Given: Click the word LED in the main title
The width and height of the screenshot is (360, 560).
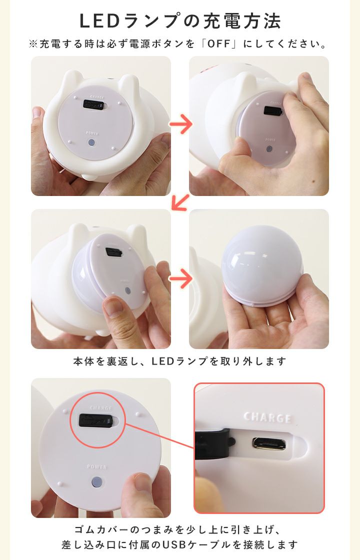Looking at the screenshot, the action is click(99, 21).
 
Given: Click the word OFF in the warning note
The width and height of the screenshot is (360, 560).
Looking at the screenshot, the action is click(219, 44).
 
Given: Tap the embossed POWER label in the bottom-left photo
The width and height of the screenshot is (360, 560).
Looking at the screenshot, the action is click(97, 467).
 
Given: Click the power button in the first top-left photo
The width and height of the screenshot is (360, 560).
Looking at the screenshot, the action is click(92, 143).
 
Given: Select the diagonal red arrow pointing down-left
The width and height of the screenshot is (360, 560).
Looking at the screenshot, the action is click(180, 202).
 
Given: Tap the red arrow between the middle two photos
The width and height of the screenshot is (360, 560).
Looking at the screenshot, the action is click(180, 278).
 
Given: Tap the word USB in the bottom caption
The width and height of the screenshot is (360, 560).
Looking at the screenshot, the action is click(176, 545).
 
